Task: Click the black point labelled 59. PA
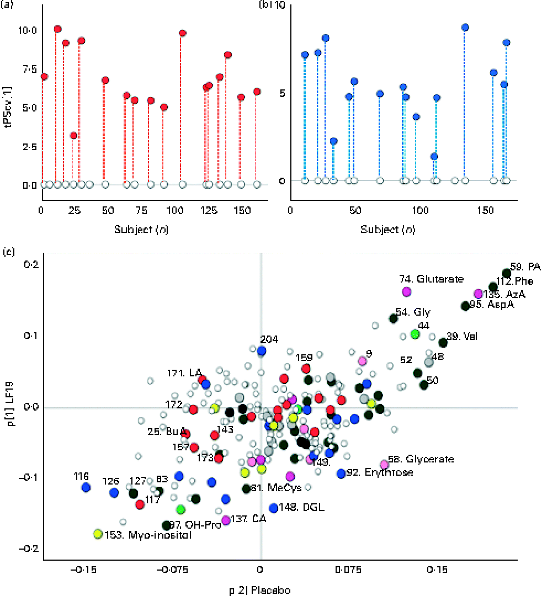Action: (507, 274)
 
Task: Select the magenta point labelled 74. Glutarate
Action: (407, 291)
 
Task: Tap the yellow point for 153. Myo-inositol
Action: (98, 534)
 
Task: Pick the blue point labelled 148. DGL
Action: (273, 508)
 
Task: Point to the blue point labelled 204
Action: (262, 350)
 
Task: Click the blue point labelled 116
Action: (86, 487)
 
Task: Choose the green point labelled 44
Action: (415, 333)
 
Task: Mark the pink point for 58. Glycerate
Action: (384, 465)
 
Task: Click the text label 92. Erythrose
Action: (381, 473)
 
